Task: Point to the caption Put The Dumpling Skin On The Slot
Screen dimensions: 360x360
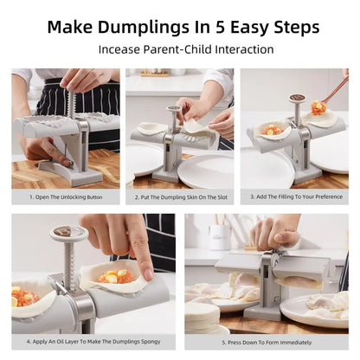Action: coord(179,196)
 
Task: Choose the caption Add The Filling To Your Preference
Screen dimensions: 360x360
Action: coord(294,196)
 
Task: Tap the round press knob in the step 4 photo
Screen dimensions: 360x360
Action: coord(68,234)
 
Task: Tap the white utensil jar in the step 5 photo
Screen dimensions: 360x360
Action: coord(220,236)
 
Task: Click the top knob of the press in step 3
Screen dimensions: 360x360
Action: coord(297,100)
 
